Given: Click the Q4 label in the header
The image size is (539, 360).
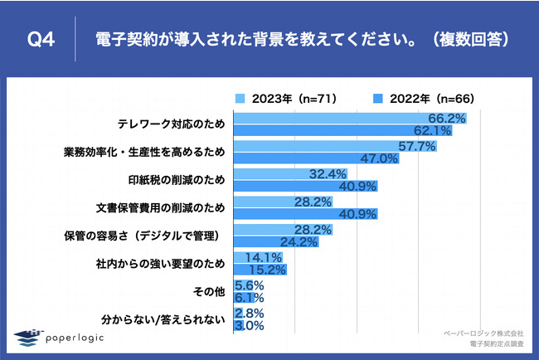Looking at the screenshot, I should click(41, 39).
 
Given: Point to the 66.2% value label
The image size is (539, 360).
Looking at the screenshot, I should click(444, 119).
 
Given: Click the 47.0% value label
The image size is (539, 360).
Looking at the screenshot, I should click(381, 159).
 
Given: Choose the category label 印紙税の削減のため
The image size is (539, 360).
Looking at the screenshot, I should click(175, 178).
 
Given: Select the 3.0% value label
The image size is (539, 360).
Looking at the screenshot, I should click(249, 326).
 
